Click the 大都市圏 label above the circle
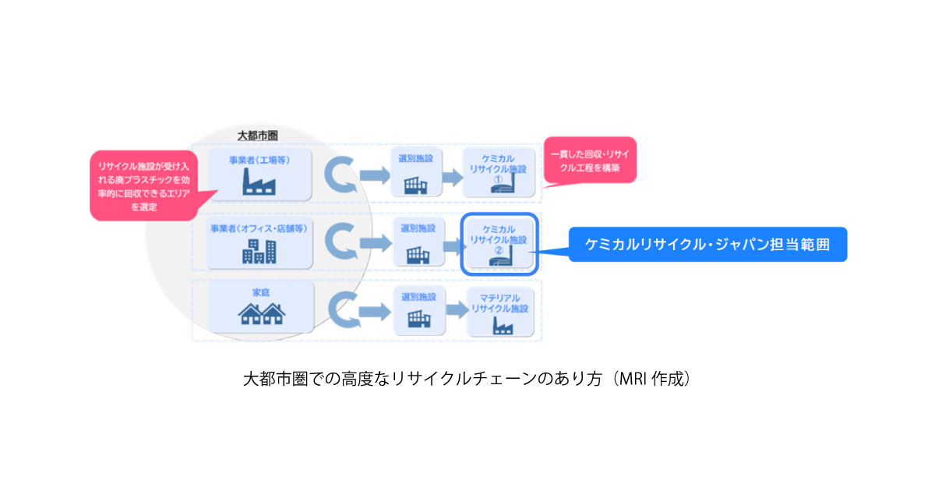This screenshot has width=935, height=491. [x=258, y=136]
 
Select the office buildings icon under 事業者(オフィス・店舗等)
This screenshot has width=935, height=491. [x=259, y=249]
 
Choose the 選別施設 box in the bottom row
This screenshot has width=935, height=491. [x=417, y=309]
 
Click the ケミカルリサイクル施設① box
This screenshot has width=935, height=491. [x=499, y=172]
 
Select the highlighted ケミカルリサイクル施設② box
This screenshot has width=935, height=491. [x=499, y=243]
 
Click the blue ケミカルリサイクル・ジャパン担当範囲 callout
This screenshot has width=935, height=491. [x=707, y=244]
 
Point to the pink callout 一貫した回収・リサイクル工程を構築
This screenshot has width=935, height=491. [x=589, y=161]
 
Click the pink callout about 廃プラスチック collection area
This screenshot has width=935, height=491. [x=142, y=184]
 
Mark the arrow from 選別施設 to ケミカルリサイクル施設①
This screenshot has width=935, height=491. [x=452, y=177]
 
